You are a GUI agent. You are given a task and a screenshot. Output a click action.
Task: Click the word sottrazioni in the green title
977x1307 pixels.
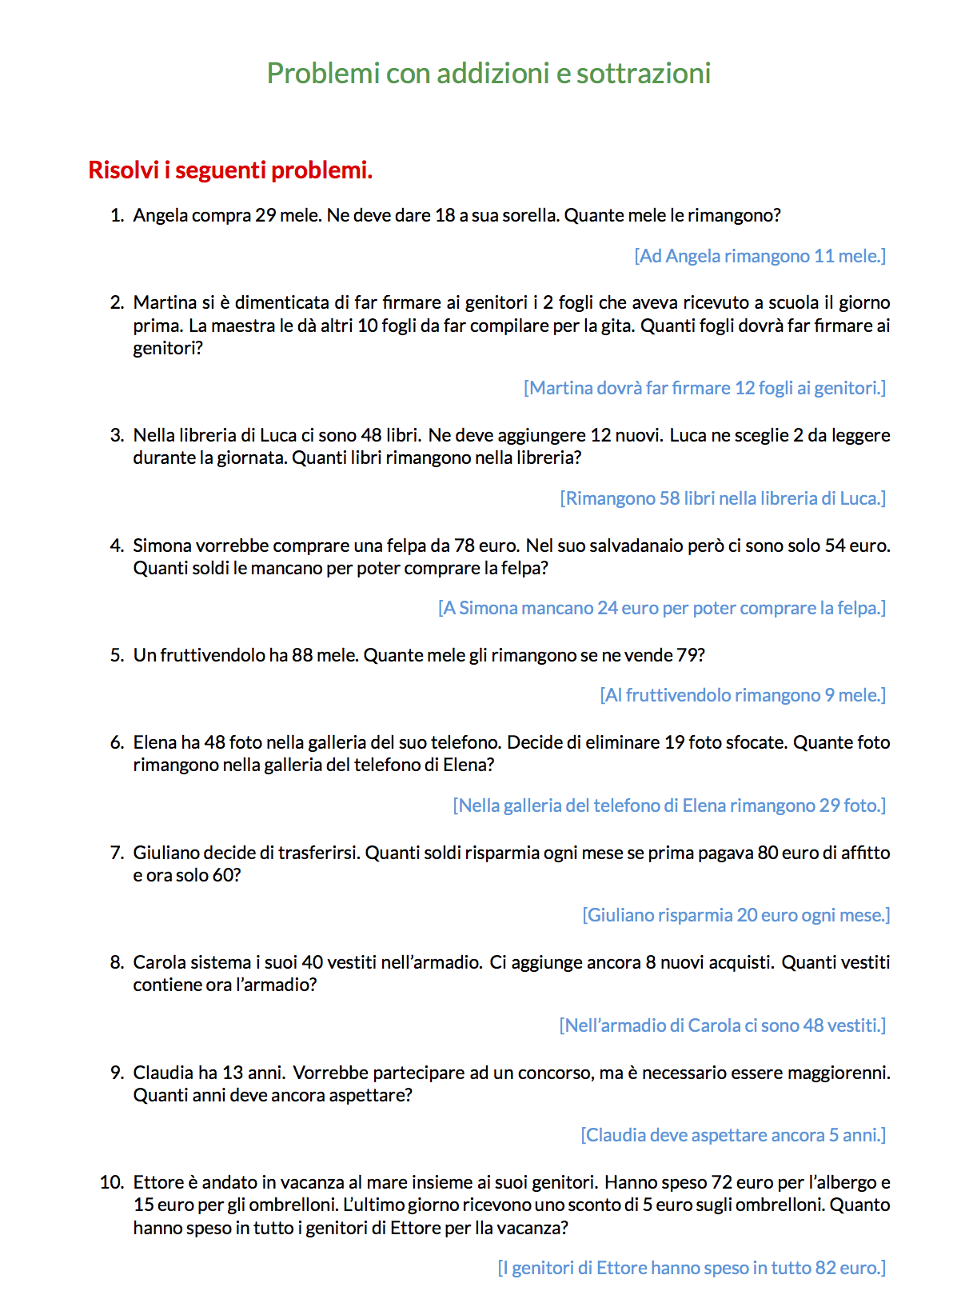tap(644, 74)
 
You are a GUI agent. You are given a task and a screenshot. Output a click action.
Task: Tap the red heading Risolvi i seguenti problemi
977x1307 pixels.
tap(230, 170)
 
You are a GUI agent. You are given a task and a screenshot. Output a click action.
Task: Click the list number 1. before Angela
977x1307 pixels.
tap(118, 215)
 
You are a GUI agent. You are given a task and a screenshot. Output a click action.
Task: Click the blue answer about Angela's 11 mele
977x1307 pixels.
tap(760, 256)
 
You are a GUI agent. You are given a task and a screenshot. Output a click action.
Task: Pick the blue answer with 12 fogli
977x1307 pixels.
tap(704, 388)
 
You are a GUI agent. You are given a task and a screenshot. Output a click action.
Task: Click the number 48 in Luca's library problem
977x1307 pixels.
tap(371, 435)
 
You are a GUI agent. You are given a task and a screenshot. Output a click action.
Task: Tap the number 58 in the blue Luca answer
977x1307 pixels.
tap(669, 498)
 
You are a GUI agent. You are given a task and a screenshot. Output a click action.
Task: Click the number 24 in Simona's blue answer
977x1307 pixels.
tap(608, 608)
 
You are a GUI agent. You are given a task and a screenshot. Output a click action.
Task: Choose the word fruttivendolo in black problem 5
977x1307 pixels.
tap(212, 655)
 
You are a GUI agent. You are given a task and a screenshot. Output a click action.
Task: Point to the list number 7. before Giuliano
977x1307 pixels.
tap(118, 853)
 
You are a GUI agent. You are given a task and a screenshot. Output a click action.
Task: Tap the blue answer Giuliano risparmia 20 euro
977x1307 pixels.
tap(736, 915)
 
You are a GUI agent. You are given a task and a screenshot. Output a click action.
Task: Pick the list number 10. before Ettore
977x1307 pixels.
tap(112, 1182)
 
